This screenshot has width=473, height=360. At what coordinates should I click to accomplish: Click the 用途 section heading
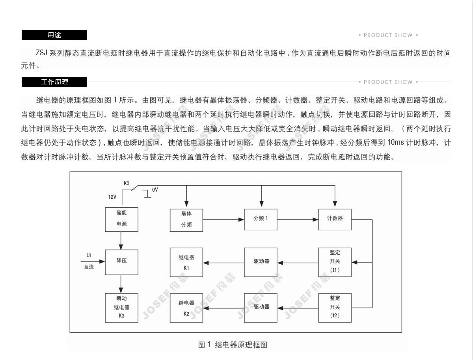[54, 35]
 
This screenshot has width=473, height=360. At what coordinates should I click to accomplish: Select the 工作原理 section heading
[54, 82]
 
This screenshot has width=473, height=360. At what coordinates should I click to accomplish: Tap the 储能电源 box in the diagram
[121, 219]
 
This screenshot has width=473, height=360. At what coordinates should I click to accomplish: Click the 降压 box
[121, 262]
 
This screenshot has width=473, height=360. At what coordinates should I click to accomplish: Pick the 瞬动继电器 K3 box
[121, 307]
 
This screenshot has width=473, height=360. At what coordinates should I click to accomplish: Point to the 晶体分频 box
[186, 220]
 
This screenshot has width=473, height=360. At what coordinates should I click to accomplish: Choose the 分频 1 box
[261, 219]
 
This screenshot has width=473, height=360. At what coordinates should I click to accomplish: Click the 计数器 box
[335, 219]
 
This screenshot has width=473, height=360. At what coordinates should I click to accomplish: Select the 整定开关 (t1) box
[335, 262]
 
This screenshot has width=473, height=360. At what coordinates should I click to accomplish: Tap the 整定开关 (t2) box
[335, 307]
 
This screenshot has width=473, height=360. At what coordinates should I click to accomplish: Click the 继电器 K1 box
[186, 262]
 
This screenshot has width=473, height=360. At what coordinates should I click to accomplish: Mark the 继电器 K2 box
[186, 308]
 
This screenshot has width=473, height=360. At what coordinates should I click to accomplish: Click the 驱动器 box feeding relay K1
[261, 262]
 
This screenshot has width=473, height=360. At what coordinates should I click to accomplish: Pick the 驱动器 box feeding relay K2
[261, 307]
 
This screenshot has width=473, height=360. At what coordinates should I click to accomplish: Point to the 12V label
[112, 197]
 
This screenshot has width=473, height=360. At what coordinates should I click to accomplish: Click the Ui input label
[89, 255]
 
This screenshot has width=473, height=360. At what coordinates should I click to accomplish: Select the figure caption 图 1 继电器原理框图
[233, 345]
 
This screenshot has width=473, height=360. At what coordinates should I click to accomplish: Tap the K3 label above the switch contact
[127, 183]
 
